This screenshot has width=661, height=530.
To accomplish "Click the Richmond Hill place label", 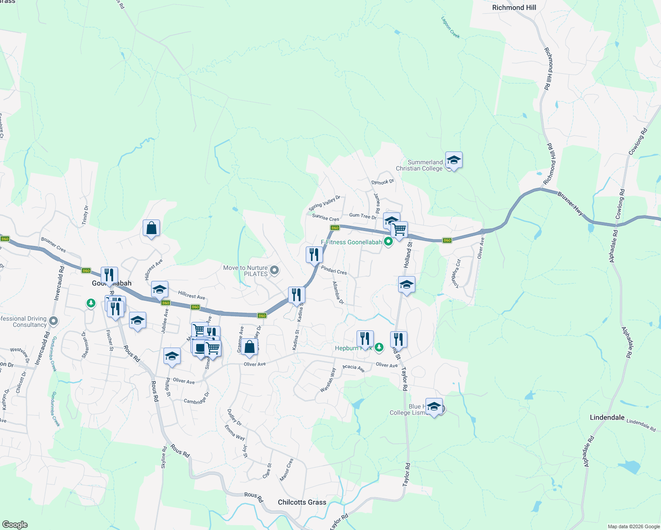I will click(x=514, y=8).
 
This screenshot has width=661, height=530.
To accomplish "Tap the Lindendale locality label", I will click(x=607, y=417).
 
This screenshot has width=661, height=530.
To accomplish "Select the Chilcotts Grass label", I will click(x=302, y=502).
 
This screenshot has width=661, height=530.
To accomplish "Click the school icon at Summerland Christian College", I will click(x=454, y=160).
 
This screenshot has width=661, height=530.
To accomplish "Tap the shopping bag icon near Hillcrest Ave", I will click(x=151, y=228).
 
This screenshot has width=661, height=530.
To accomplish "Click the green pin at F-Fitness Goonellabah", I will click(x=388, y=242).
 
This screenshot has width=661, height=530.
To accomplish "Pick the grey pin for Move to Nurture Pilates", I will click(x=274, y=270).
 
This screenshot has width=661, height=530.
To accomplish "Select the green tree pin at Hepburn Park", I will click(x=379, y=348).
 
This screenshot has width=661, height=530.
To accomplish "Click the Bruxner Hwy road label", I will click(x=570, y=204).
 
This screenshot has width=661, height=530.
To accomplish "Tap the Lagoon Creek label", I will click(x=450, y=27).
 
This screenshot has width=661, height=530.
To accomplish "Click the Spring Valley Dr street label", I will click(x=324, y=203).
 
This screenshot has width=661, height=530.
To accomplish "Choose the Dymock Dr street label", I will click(x=383, y=182).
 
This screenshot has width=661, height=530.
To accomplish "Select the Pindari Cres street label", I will click(x=334, y=270).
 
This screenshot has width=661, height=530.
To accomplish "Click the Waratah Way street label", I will click(x=328, y=380).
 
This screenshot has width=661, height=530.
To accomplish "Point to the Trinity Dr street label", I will click(x=85, y=215).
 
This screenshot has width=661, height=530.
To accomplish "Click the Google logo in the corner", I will click(x=15, y=525).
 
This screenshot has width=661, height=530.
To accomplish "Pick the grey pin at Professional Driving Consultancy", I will click(x=53, y=321).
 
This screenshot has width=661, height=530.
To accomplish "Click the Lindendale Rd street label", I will click(x=641, y=424).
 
